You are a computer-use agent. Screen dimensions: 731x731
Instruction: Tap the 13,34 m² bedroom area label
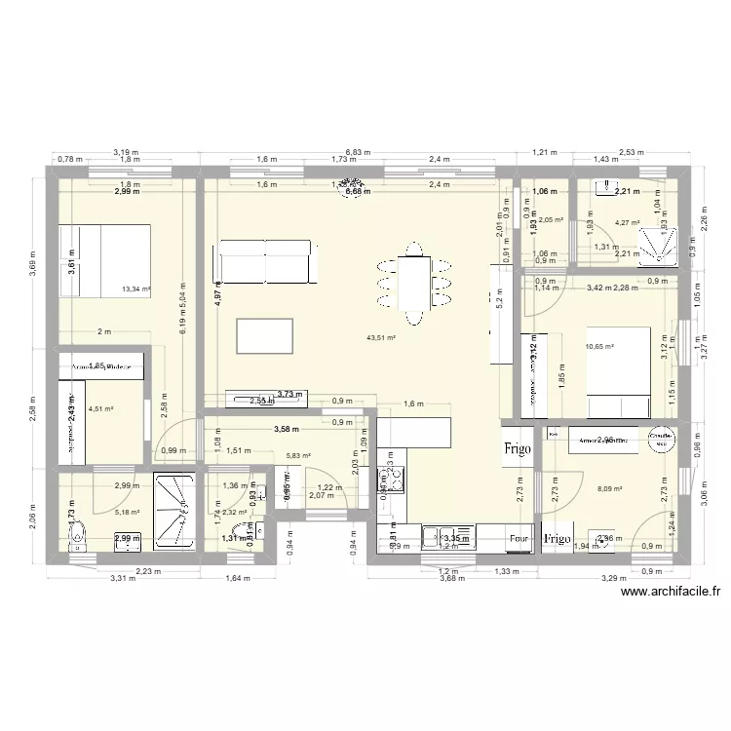(x=135, y=289)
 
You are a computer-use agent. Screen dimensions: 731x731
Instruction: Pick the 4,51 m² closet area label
(x=100, y=409)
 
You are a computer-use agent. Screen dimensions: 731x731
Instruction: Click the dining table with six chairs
(x=416, y=282)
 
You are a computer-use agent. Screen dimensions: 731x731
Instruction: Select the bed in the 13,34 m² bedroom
(x=104, y=260)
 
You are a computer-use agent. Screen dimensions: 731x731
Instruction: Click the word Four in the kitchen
(x=519, y=538)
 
